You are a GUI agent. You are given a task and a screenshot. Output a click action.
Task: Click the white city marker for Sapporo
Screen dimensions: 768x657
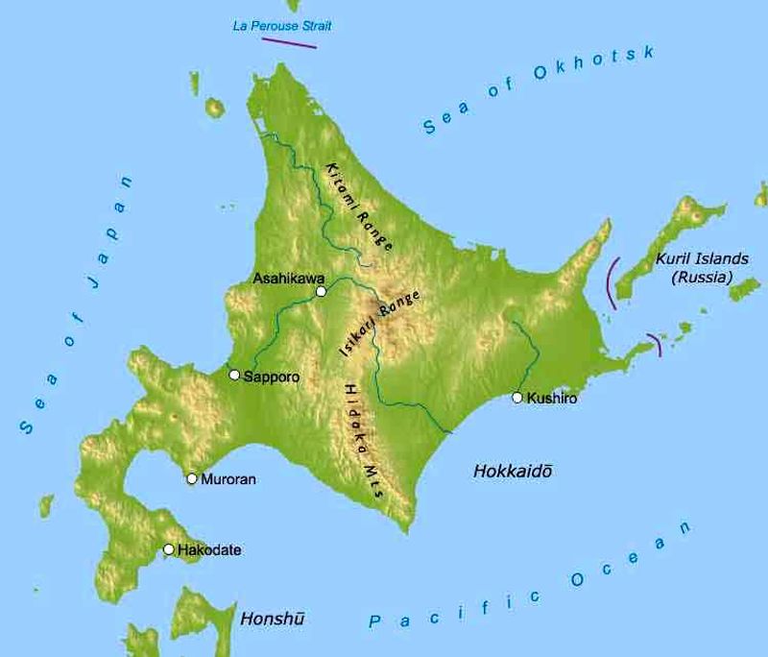[234, 375]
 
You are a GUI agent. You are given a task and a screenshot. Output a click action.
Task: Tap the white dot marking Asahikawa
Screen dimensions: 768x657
[321, 291]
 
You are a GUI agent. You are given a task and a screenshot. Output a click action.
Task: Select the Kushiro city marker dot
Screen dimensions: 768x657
[517, 397]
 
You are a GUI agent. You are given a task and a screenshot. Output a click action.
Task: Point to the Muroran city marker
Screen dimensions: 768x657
[192, 478]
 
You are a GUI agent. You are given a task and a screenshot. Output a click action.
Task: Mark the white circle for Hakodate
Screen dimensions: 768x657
[169, 549]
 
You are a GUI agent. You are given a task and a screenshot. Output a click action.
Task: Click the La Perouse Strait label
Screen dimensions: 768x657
[282, 26]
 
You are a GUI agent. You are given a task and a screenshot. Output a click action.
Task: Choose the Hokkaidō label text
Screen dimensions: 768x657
[515, 472]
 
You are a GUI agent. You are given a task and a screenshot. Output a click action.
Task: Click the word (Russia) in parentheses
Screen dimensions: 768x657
[701, 278]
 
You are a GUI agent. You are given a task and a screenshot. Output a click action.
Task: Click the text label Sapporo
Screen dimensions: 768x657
[272, 377]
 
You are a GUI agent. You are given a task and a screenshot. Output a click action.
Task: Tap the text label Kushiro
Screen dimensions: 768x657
[552, 398]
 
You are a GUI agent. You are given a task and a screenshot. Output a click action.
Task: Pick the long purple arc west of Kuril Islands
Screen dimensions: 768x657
[610, 281]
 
